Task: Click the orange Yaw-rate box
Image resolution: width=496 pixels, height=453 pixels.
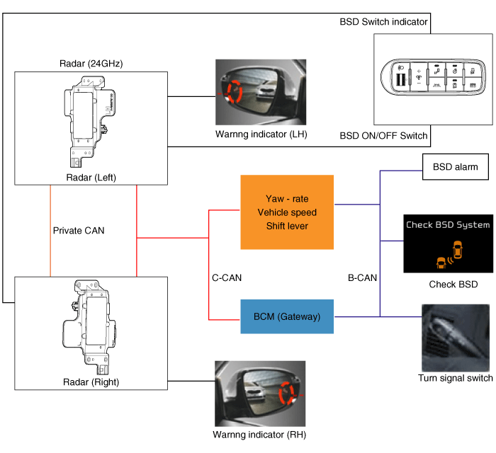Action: [x=287, y=212]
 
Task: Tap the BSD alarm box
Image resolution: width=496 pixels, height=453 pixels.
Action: [x=456, y=168]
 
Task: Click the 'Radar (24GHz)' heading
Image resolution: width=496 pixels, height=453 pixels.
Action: [x=92, y=64]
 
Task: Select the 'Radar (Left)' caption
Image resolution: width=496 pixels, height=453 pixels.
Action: [x=91, y=176]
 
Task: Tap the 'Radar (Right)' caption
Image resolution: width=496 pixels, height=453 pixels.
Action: [x=91, y=382]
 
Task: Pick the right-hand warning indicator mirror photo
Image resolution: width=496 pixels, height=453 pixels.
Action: [x=260, y=393]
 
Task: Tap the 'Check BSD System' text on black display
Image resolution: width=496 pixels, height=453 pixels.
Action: [x=447, y=225]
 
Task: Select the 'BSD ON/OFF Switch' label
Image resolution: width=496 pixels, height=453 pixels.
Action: [x=383, y=135]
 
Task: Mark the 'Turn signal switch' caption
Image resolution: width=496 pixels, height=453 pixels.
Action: [x=456, y=378]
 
